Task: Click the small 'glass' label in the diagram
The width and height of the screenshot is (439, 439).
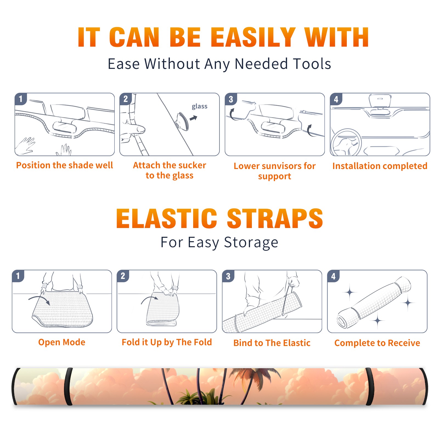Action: point(199,106)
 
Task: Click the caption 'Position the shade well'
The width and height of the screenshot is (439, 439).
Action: point(64,165)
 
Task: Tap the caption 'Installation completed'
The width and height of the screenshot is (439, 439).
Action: point(380,166)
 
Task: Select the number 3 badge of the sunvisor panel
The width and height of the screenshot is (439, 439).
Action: point(231,99)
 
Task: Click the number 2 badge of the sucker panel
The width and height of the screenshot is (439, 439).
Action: point(126,99)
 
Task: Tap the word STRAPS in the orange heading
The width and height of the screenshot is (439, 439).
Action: point(275,218)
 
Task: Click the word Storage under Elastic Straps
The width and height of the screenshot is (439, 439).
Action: point(251,243)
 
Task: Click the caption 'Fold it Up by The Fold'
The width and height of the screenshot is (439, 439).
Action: point(167,342)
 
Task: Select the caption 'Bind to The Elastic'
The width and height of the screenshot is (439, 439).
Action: point(272,343)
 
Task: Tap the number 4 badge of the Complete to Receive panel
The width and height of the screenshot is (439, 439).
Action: point(333,276)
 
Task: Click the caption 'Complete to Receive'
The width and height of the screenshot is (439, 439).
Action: point(377,343)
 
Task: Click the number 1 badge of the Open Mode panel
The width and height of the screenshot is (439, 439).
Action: point(18,276)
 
